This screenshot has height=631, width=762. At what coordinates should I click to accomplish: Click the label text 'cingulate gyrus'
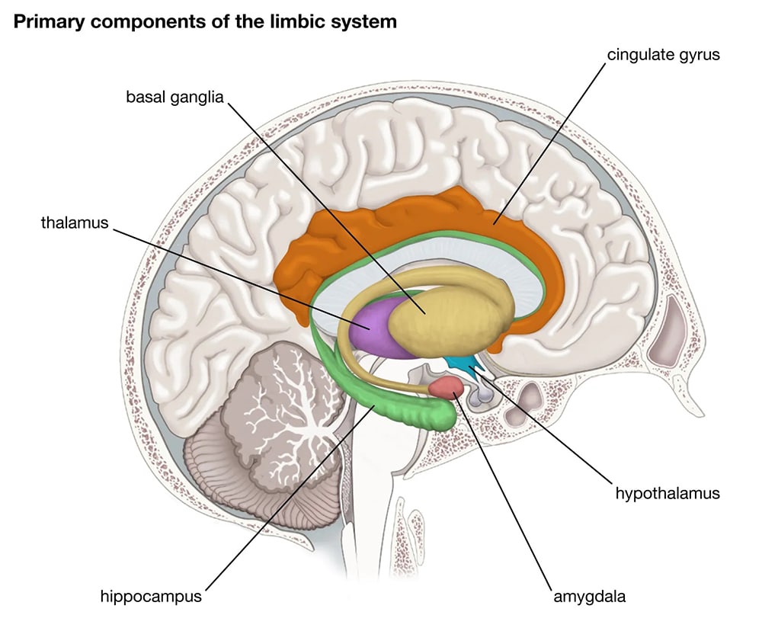(x=663, y=55)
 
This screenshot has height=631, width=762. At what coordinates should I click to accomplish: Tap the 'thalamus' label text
(x=75, y=223)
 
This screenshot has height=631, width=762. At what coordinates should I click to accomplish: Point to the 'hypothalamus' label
(x=668, y=493)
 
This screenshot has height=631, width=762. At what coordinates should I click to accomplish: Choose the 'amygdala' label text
(x=590, y=596)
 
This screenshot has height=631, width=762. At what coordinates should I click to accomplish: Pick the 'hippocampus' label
(x=151, y=596)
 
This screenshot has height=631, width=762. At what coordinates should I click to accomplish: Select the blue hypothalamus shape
(x=464, y=364)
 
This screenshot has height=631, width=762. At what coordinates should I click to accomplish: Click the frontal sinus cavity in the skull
(x=675, y=328)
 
